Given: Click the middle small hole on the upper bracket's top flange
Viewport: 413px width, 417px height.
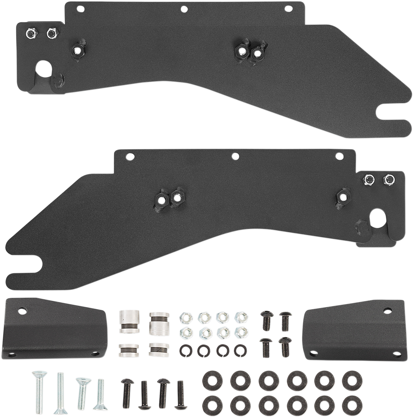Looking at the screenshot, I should (x=184, y=9).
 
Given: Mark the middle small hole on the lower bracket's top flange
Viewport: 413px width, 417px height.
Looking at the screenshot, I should (x=235, y=156).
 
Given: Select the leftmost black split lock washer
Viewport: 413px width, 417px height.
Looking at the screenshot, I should (x=185, y=350).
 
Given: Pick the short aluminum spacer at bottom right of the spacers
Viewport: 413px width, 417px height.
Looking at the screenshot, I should (x=158, y=350).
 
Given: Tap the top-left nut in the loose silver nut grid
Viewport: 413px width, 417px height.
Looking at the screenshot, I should (x=186, y=317).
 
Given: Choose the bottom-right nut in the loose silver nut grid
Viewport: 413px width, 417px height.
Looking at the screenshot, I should (x=241, y=332).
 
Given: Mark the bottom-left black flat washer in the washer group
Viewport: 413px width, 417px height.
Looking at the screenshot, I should (x=211, y=404).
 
